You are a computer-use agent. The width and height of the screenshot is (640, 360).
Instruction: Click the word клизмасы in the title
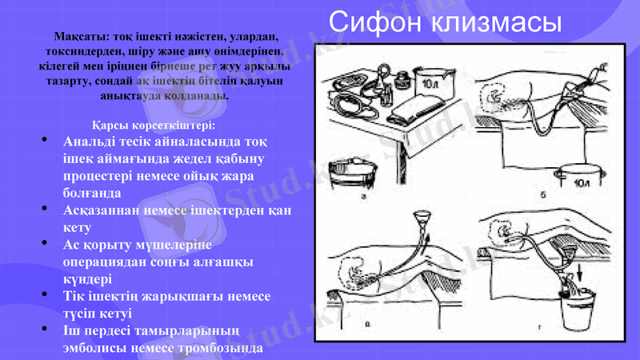point(493,22)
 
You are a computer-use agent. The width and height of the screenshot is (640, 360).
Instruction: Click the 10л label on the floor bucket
point(578,182)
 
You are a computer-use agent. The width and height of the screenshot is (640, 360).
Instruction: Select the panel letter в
point(367,324)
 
